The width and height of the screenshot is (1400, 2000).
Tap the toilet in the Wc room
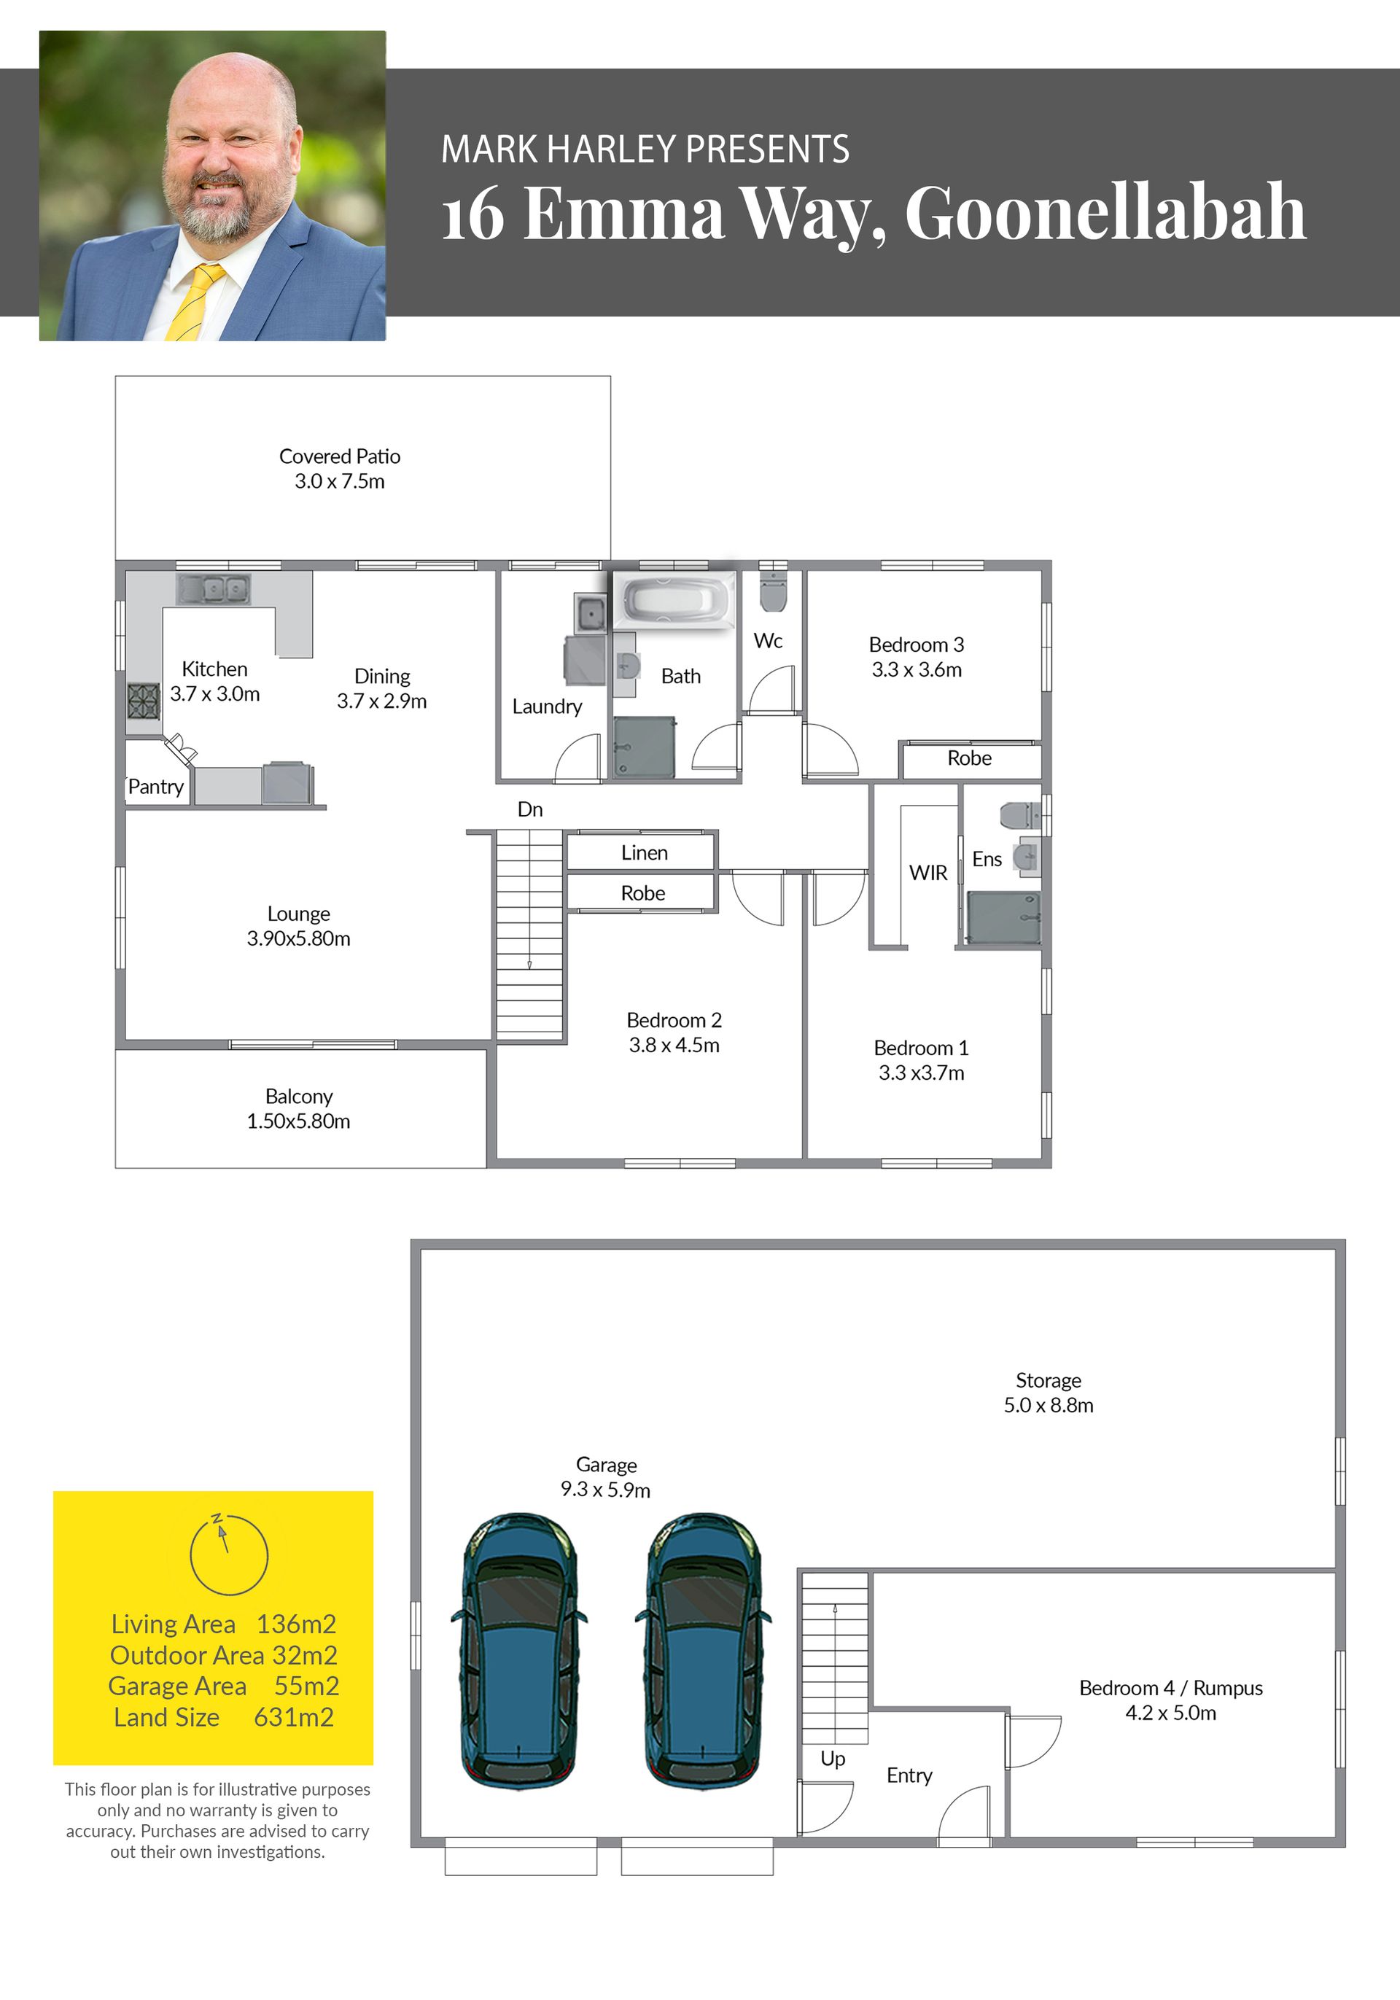(x=774, y=591)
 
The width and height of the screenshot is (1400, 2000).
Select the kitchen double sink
(x=214, y=589)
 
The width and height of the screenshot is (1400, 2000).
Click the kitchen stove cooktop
(x=144, y=699)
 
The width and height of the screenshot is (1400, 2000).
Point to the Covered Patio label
(x=340, y=456)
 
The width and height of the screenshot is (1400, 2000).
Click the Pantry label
(x=156, y=787)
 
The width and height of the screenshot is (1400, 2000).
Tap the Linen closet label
(x=645, y=853)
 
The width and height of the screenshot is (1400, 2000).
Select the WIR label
(x=927, y=873)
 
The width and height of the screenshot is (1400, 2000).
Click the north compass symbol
(x=229, y=1554)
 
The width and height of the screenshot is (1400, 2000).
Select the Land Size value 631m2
(x=295, y=1717)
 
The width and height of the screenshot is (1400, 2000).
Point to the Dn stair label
(x=529, y=809)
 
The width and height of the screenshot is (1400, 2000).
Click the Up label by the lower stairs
(x=833, y=1759)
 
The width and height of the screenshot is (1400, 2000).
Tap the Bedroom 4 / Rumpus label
(x=1171, y=1688)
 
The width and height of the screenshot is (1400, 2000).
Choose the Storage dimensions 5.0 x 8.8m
(x=1049, y=1405)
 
